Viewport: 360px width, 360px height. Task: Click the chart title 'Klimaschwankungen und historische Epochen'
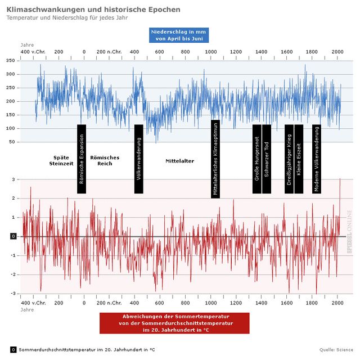[93, 10]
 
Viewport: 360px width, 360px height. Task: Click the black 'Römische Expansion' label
[82, 159]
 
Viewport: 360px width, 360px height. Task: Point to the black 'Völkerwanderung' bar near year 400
[139, 159]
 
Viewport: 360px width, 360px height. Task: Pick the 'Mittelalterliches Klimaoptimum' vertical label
[215, 159]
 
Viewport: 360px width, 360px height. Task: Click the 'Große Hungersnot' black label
[257, 159]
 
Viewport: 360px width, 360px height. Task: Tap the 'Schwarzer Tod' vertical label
[267, 159]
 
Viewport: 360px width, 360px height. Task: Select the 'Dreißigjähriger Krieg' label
[289, 159]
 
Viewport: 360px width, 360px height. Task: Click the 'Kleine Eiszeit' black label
[299, 159]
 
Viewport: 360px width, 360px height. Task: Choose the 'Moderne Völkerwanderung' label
[317, 159]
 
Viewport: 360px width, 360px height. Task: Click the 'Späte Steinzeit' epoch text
[58, 160]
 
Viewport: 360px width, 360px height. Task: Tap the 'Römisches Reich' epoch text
[105, 160]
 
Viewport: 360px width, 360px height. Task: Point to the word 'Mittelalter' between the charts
[179, 161]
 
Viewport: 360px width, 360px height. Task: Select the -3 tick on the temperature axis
[13, 294]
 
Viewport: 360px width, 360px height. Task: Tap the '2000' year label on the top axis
[337, 52]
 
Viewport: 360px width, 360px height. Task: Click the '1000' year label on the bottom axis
[211, 303]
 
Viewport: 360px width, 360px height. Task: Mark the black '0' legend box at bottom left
[13, 349]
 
